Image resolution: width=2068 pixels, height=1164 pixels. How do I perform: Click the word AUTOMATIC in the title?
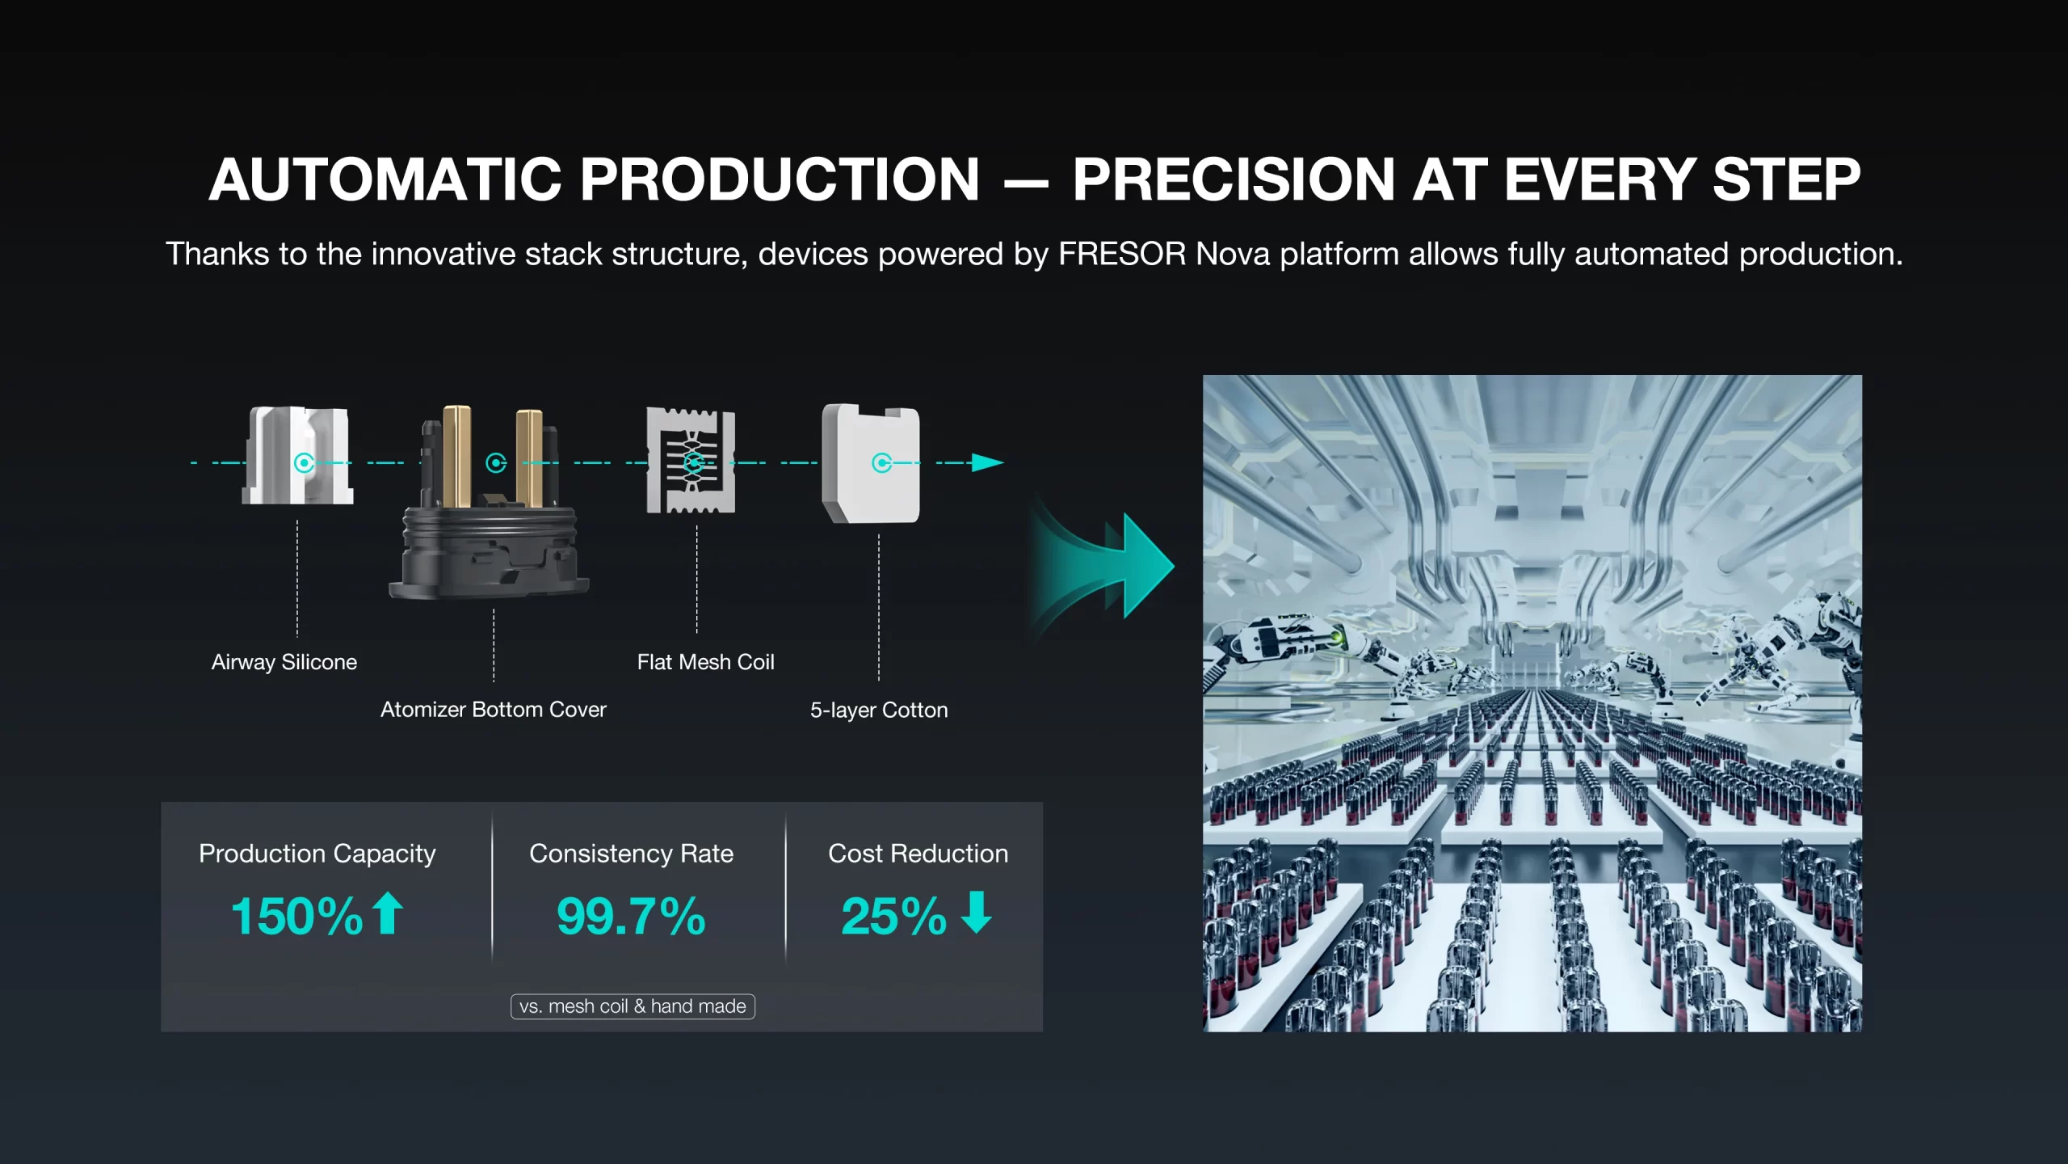tap(385, 179)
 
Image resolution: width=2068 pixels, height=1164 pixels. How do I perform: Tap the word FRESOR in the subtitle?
tap(1122, 254)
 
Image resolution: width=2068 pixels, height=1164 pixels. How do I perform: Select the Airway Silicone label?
tap(284, 662)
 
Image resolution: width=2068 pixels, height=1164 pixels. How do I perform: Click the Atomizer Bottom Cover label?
tap(494, 710)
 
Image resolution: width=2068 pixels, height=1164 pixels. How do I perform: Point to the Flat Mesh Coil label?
tap(706, 662)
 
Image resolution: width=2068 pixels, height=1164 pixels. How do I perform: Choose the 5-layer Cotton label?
tap(879, 710)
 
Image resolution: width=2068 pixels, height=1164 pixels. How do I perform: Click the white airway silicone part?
tap(298, 456)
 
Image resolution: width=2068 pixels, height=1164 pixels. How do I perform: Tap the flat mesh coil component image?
tap(691, 460)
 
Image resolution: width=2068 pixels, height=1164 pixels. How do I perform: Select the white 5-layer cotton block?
tap(871, 464)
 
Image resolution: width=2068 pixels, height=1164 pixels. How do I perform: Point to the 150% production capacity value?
tap(297, 916)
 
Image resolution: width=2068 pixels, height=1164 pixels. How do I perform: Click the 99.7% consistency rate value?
tap(631, 916)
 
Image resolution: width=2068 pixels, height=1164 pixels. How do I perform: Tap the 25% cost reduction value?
tap(893, 916)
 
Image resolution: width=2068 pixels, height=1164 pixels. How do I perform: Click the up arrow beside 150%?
tap(388, 913)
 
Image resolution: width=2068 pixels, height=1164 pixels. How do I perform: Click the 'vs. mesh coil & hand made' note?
tap(633, 1006)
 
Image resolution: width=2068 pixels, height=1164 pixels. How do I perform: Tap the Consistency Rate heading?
tap(632, 854)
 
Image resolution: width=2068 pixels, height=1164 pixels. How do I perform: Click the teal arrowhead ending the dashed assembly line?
tap(987, 462)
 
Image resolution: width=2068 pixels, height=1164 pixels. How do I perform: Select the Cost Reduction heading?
tap(918, 854)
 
